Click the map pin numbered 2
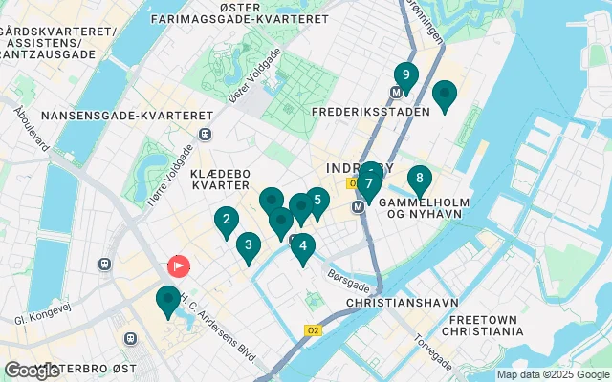tap(226, 222)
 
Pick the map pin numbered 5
tap(317, 202)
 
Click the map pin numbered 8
tap(419, 179)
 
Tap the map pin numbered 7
tap(368, 183)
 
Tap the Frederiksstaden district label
tap(365, 111)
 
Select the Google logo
tap(32, 370)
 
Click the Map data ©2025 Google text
tap(553, 374)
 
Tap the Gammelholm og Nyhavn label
tap(435, 210)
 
